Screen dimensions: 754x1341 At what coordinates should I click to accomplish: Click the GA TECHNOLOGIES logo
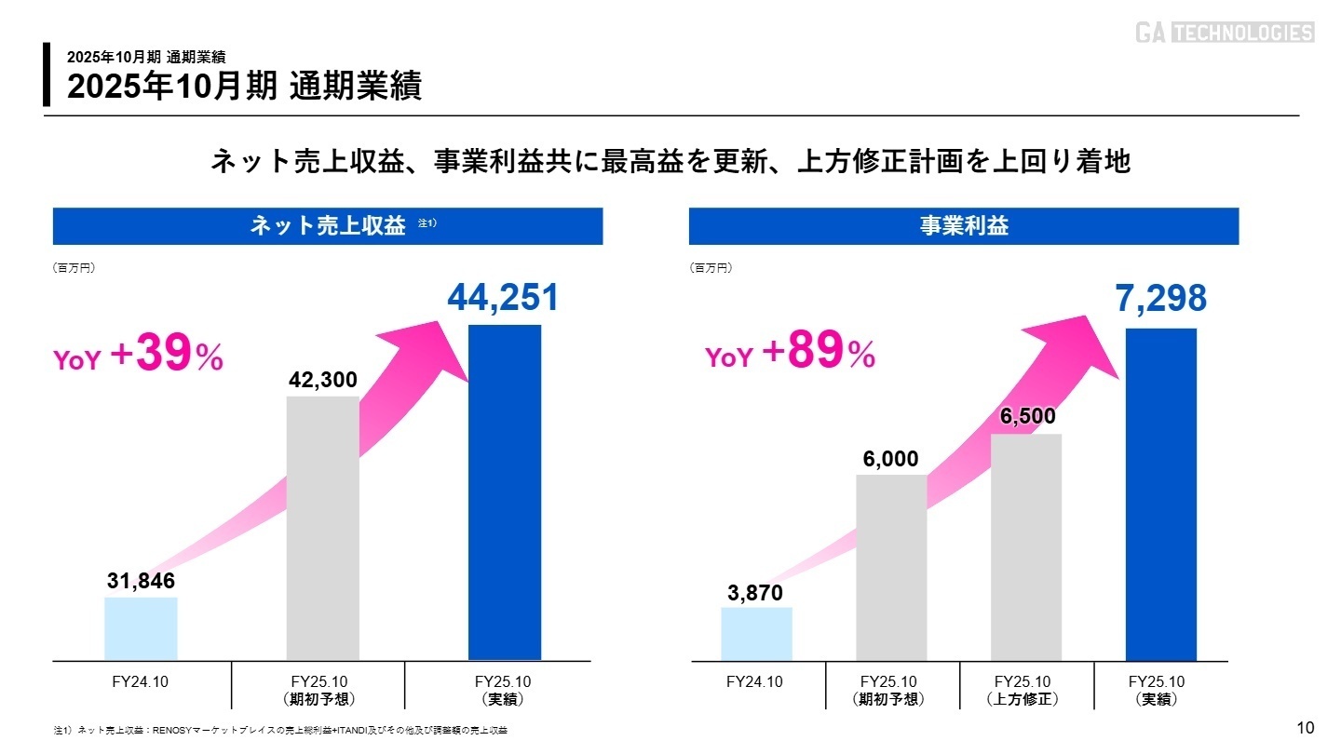pyautogui.click(x=1224, y=34)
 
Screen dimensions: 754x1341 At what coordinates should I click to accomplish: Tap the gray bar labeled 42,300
pyautogui.click(x=322, y=528)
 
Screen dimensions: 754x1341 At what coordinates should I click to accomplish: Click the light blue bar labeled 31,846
pyautogui.click(x=141, y=628)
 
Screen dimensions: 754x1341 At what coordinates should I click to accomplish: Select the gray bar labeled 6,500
pyautogui.click(x=1025, y=546)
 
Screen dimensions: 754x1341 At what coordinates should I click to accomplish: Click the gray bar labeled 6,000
pyautogui.click(x=891, y=567)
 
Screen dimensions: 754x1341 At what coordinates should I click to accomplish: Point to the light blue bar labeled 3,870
pyautogui.click(x=756, y=634)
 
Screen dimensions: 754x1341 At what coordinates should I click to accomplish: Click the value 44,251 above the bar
pyautogui.click(x=504, y=298)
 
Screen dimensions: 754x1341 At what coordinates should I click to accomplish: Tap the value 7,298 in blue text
pyautogui.click(x=1160, y=299)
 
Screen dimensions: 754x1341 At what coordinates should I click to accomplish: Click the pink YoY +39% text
pyautogui.click(x=138, y=357)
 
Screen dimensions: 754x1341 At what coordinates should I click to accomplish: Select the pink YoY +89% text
pyautogui.click(x=790, y=355)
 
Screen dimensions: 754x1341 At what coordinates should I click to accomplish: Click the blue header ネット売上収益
pyautogui.click(x=328, y=226)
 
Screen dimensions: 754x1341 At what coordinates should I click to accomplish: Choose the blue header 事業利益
pyautogui.click(x=963, y=226)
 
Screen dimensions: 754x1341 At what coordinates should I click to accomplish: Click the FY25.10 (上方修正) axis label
pyautogui.click(x=1023, y=691)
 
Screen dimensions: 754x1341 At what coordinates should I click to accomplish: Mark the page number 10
pyautogui.click(x=1305, y=728)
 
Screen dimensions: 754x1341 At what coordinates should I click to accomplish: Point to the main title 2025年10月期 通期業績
pyautogui.click(x=244, y=87)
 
